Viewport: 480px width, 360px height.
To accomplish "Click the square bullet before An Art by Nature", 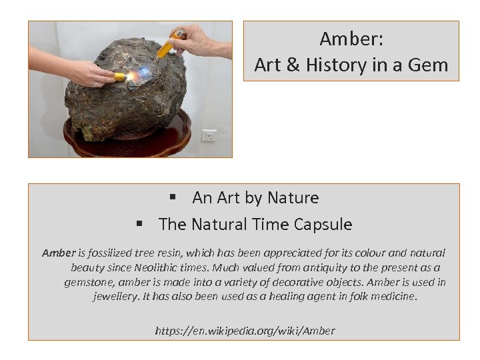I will [171, 198].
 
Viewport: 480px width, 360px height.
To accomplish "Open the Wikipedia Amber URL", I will [245, 330].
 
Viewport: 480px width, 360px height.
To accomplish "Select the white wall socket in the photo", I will [209, 135].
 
